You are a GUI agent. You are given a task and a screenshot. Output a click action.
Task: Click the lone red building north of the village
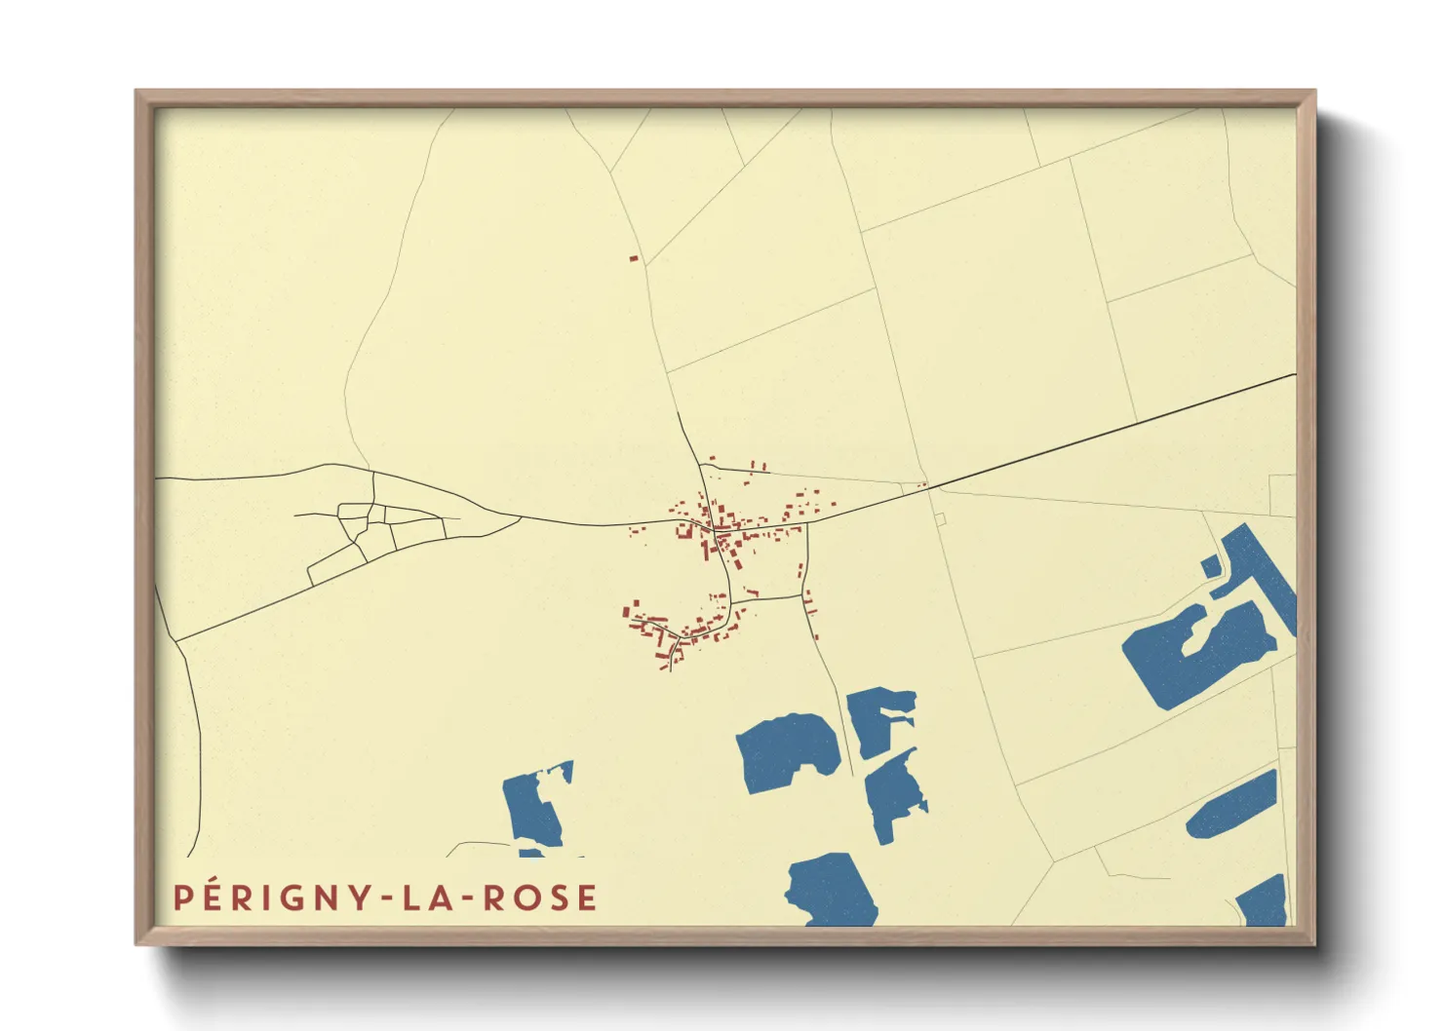coord(633,258)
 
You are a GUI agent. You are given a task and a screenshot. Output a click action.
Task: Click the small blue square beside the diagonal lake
coord(1210,566)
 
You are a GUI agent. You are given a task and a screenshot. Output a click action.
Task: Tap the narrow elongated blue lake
coord(1232,805)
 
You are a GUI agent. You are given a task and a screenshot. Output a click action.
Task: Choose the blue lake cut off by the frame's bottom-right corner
coord(1265,901)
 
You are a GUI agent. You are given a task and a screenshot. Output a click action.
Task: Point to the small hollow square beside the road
coord(940,519)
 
